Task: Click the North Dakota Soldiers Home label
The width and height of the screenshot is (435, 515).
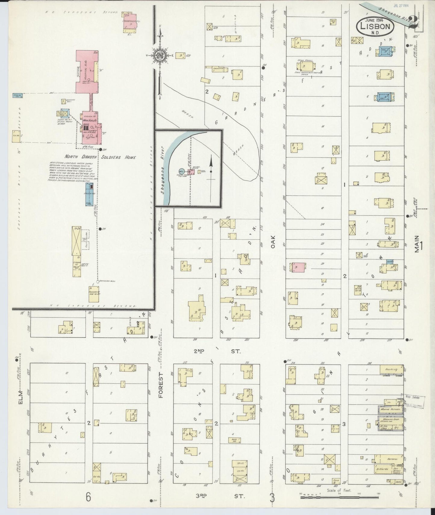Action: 100,157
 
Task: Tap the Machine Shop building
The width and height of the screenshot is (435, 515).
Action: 390,420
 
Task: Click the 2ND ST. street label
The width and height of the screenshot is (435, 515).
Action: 217,351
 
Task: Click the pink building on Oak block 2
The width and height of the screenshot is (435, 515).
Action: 298,267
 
